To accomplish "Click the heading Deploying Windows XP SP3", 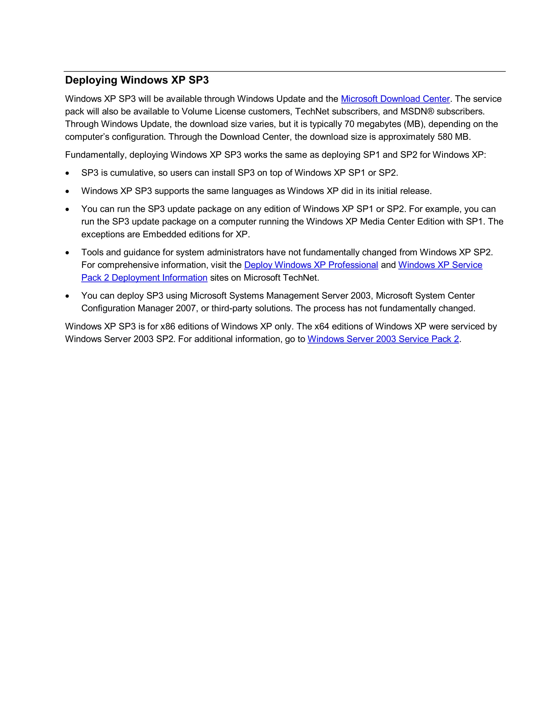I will pyautogui.click(x=137, y=80).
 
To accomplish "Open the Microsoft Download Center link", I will pyautogui.click(x=395, y=99).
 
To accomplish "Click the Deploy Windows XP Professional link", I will pyautogui.click(x=311, y=265).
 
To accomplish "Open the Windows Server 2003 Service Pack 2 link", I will pyautogui.click(x=383, y=339).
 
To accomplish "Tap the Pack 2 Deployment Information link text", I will pyautogui.click(x=144, y=278).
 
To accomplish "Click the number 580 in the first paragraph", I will pyautogui.click(x=444, y=137).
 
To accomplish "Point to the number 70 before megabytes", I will pyautogui.click(x=349, y=124).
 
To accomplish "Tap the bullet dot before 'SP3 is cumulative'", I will pyautogui.click(x=67, y=173).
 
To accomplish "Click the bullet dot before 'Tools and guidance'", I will pyautogui.click(x=67, y=253).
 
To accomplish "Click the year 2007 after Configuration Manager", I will pyautogui.click(x=186, y=308).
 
